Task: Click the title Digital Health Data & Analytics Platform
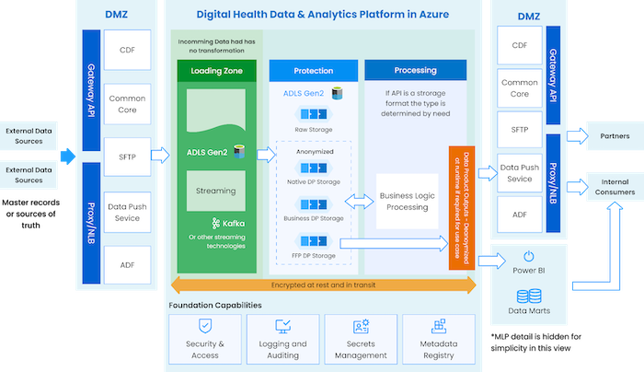320,14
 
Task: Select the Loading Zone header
216,71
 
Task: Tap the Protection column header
313,71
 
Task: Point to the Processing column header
415,71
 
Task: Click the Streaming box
216,191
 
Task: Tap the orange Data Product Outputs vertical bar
454,206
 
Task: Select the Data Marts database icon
529,296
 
